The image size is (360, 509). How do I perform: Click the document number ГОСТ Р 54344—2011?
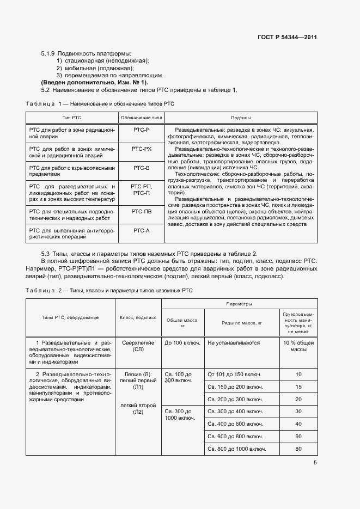pyautogui.click(x=287, y=38)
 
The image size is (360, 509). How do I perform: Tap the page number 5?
pyautogui.click(x=315, y=463)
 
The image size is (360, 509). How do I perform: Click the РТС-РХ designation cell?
pyautogui.click(x=141, y=148)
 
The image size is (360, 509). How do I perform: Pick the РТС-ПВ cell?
pyautogui.click(x=141, y=211)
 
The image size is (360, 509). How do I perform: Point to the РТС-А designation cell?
pyautogui.click(x=141, y=230)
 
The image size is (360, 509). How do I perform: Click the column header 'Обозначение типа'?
pyautogui.click(x=141, y=118)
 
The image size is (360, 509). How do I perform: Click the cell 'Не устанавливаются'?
pyautogui.click(x=233, y=343)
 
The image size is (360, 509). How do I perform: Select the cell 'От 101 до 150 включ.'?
pyautogui.click(x=235, y=374)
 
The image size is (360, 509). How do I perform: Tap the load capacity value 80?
pyautogui.click(x=298, y=449)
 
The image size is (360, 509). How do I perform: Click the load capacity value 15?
pyautogui.click(x=298, y=387)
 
